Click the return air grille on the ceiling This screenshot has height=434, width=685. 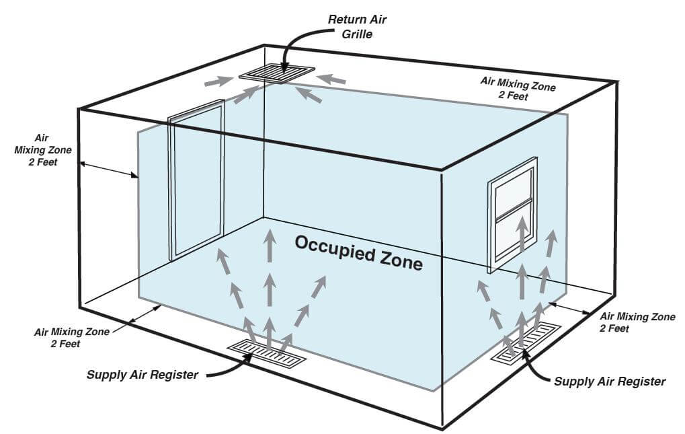tap(276, 73)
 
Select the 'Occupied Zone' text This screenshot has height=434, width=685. tap(359, 252)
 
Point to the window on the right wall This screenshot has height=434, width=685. tap(513, 213)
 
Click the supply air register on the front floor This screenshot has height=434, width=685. tap(267, 354)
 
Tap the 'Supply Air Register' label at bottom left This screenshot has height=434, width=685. tap(143, 375)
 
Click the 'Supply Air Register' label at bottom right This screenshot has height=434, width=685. tap(609, 382)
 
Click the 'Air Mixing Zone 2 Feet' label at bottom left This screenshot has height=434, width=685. tap(68, 338)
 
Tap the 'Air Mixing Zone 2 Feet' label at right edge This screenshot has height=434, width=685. tap(637, 322)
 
